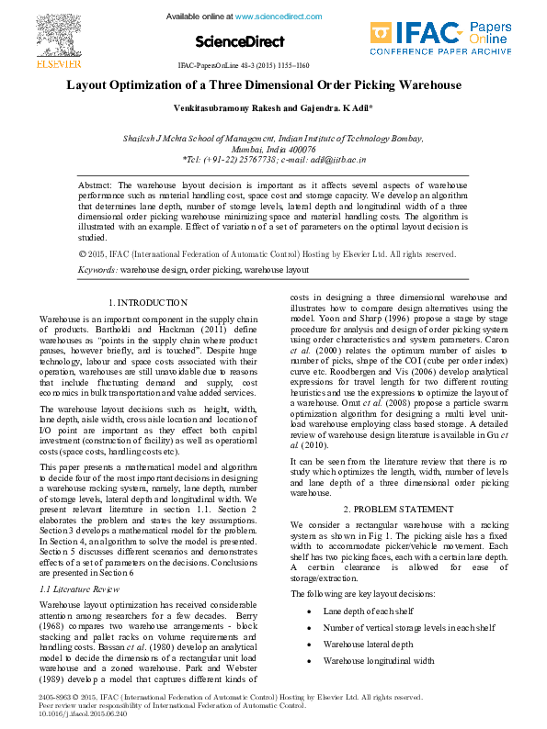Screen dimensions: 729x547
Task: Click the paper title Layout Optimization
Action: (x=263, y=85)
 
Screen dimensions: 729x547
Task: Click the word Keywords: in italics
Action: (x=97, y=270)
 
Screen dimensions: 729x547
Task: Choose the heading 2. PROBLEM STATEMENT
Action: (x=398, y=509)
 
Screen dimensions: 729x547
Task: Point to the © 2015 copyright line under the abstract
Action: (x=242, y=253)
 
